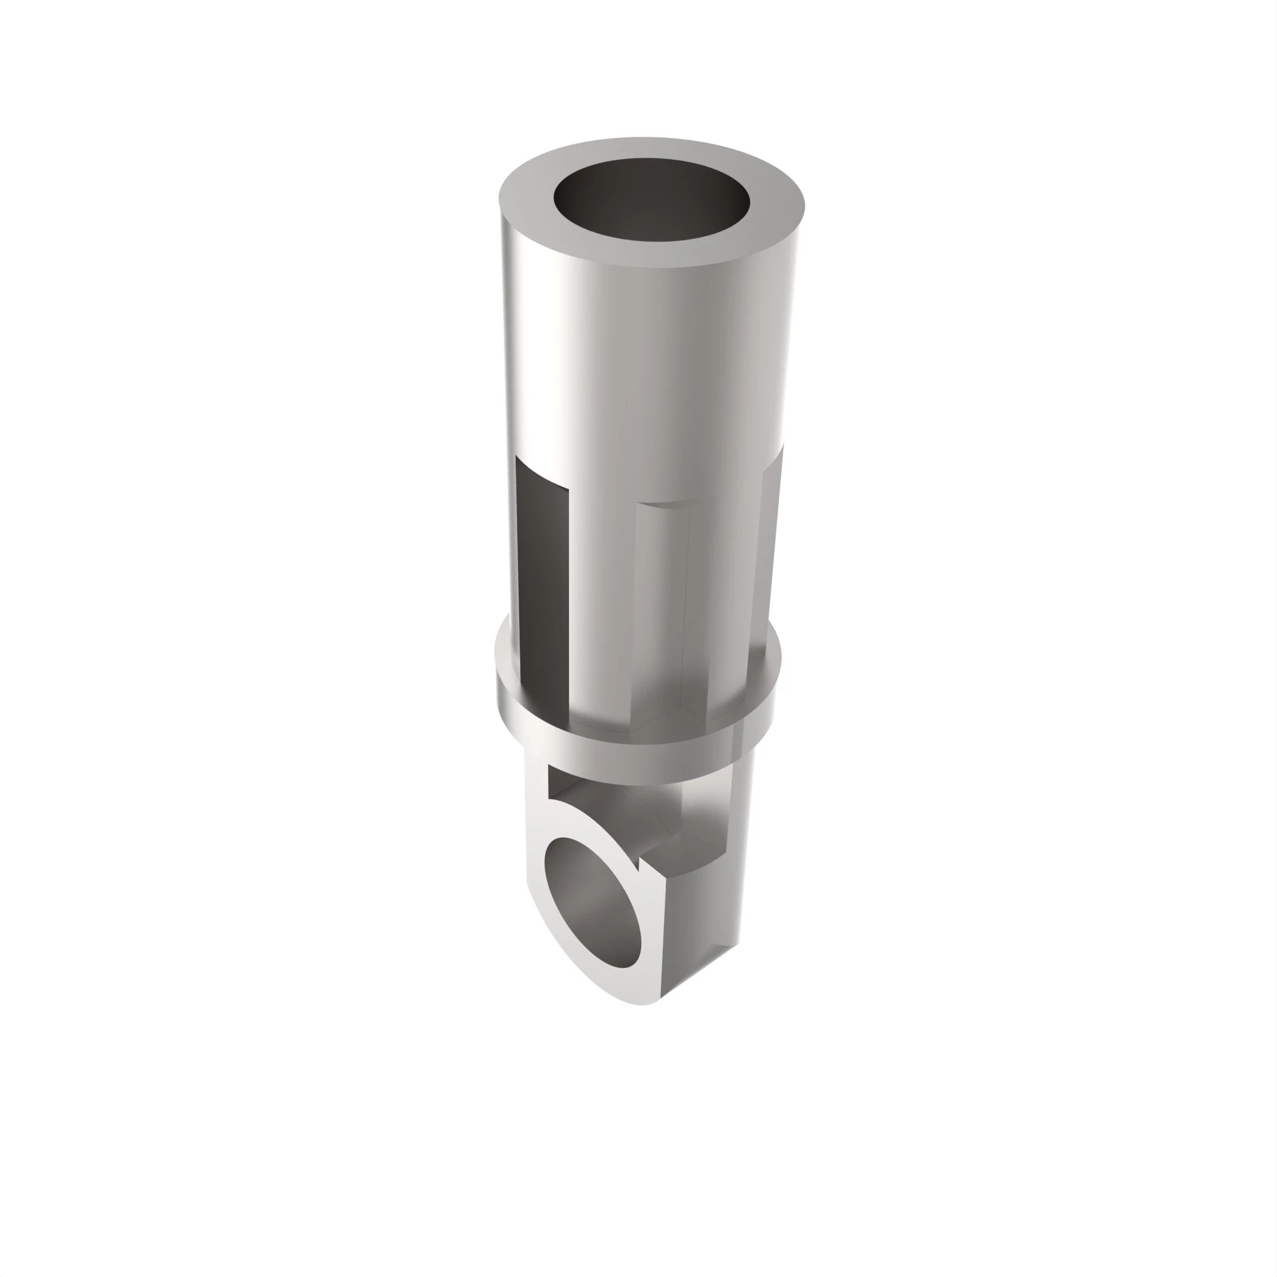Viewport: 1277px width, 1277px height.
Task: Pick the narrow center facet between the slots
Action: [x=661, y=595]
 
